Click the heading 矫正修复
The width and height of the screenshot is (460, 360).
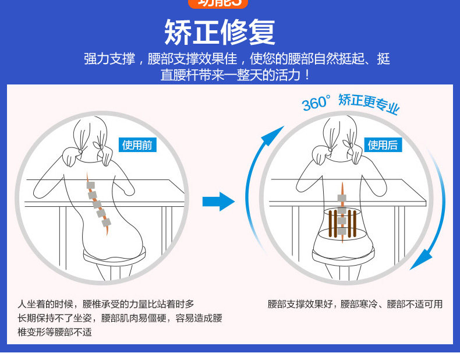point(220,32)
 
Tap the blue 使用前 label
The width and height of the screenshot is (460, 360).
point(137,145)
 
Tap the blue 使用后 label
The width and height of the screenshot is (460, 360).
point(383,145)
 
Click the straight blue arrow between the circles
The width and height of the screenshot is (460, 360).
point(218,202)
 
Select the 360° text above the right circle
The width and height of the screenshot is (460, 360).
point(316,103)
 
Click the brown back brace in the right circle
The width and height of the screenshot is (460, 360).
point(342,222)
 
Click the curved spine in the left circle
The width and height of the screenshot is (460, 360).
point(97,204)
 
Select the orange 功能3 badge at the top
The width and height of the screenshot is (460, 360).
point(218,3)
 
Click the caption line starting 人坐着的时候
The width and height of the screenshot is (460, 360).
point(105,303)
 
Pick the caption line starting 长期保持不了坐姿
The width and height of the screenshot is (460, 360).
point(119,318)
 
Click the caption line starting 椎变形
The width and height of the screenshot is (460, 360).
point(54,332)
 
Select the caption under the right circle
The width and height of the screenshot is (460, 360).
point(355,304)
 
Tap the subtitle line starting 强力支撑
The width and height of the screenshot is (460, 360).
point(236,59)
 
